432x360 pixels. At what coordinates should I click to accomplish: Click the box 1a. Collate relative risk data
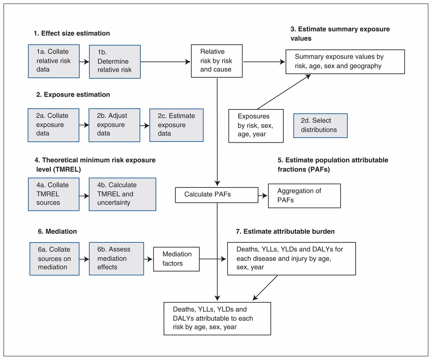54,61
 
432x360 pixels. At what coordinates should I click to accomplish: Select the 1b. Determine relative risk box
115,62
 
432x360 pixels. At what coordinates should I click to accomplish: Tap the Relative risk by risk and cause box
217,61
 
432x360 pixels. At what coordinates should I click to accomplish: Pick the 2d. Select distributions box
320,126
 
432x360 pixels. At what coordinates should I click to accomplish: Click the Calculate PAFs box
217,195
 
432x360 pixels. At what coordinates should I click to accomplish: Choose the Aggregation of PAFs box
304,196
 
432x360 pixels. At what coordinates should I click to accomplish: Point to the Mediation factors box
176,259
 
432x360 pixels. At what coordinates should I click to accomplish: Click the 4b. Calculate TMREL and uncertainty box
123,194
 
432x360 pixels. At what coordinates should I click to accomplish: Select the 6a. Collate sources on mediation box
54,259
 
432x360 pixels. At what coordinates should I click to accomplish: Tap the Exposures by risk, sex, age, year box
256,126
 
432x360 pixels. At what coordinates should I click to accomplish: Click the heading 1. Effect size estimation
72,33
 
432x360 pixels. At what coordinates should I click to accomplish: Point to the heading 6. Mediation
57,231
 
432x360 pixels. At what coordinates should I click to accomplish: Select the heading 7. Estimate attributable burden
285,231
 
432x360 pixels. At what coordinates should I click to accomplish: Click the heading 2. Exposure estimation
73,94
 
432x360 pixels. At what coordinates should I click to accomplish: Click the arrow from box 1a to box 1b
84,62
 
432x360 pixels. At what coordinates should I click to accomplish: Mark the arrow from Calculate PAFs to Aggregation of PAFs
263,195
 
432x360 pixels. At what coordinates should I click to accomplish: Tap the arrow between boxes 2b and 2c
145,126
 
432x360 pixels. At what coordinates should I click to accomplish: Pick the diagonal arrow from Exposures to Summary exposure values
284,92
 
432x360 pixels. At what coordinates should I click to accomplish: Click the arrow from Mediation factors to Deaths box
213,259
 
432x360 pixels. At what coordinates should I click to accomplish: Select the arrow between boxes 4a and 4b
84,196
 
